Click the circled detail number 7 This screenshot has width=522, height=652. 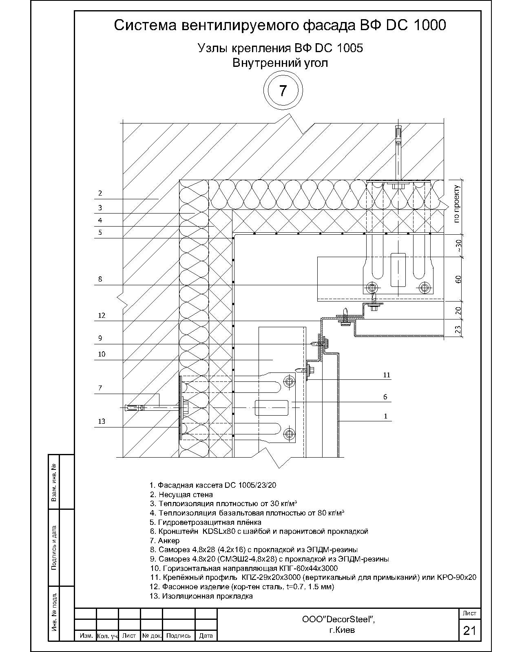point(283,90)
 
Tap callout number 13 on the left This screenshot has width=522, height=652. point(102,421)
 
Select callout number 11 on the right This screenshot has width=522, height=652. point(387,375)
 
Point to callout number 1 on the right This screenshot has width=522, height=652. point(385,416)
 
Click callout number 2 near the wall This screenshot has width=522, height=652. point(100,193)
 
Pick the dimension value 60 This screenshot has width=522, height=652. point(458,279)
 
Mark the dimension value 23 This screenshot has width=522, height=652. point(458,329)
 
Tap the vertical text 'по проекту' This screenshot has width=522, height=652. point(457,204)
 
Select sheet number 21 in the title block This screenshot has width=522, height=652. point(469,631)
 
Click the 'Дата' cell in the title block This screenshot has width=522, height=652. point(206,636)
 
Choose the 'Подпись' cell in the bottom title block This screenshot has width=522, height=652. point(178,636)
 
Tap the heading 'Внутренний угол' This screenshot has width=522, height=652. point(280,63)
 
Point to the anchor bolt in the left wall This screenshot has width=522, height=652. point(151,407)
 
